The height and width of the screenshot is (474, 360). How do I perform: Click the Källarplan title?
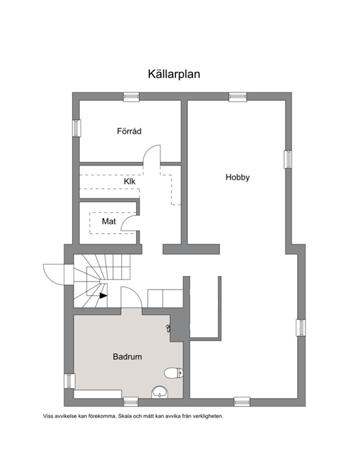pyautogui.click(x=174, y=74)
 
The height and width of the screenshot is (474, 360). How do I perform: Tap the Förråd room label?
pyautogui.click(x=129, y=131)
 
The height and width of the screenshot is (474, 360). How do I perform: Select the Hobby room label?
pyautogui.click(x=238, y=177)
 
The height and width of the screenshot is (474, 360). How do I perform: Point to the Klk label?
pyautogui.click(x=130, y=181)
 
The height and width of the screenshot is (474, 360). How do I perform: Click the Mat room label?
pyautogui.click(x=109, y=221)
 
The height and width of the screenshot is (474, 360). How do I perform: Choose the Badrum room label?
pyautogui.click(x=127, y=357)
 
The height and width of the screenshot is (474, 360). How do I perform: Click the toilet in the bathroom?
pyautogui.click(x=174, y=373)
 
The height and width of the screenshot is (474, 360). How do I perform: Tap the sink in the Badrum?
pyautogui.click(x=160, y=392)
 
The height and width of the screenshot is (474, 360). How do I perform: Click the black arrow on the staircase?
pyautogui.click(x=103, y=296)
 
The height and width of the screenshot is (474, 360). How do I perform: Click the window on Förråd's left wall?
pyautogui.click(x=76, y=128)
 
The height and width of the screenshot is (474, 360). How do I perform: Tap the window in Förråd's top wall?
pyautogui.click(x=132, y=96)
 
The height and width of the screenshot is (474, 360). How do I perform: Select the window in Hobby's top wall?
pyautogui.click(x=238, y=96)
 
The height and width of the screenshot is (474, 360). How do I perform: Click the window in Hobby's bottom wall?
pyautogui.click(x=242, y=402)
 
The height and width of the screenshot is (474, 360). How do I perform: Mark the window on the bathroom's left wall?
pyautogui.click(x=69, y=381)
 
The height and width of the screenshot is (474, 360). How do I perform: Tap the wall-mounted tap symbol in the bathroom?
pyautogui.click(x=168, y=327)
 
